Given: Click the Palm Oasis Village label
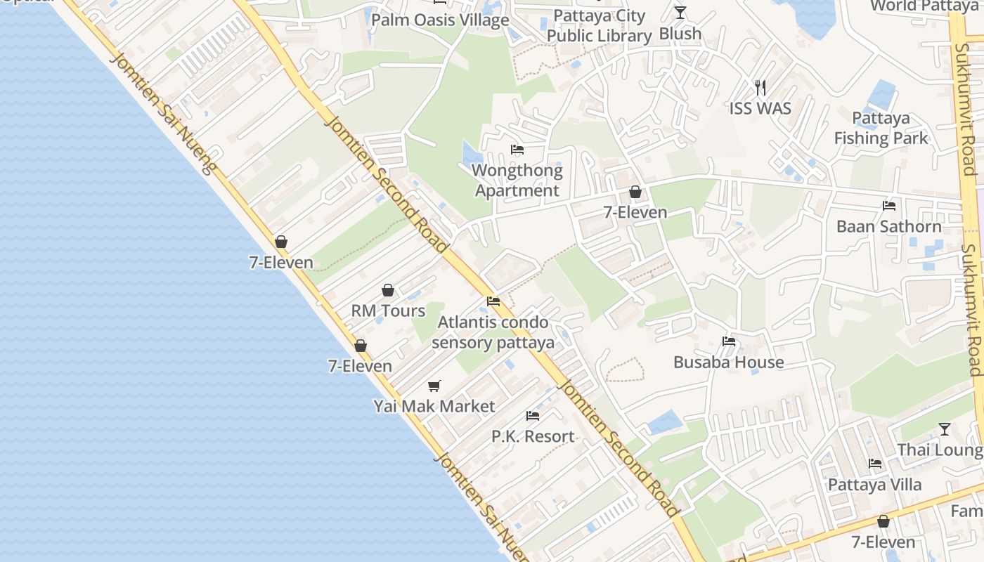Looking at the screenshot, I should pyautogui.click(x=440, y=20).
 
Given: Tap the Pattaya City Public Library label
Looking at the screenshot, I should pyautogui.click(x=600, y=26).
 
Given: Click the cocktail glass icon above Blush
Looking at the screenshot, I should pyautogui.click(x=680, y=12).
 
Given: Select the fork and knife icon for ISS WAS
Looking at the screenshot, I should pyautogui.click(x=760, y=88).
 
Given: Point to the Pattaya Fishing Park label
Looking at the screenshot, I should pyautogui.click(x=881, y=128).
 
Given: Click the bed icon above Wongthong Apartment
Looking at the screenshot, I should pyautogui.click(x=517, y=150).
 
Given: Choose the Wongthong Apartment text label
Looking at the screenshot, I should pyautogui.click(x=517, y=181).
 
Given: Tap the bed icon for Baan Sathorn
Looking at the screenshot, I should pyautogui.click(x=889, y=206).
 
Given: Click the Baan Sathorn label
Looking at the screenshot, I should pyautogui.click(x=889, y=226).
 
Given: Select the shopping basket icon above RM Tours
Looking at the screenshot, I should pyautogui.click(x=388, y=290).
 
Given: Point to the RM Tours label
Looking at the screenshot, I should pyautogui.click(x=388, y=311).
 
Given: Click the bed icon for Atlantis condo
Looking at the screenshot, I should pyautogui.click(x=493, y=301).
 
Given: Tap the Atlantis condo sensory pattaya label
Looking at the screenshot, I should pyautogui.click(x=493, y=333).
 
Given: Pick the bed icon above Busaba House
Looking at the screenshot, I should pyautogui.click(x=729, y=342).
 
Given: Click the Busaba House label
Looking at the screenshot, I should pyautogui.click(x=729, y=362).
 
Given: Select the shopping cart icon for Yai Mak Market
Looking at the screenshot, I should pyautogui.click(x=434, y=386).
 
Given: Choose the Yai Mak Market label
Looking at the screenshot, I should pyautogui.click(x=434, y=406).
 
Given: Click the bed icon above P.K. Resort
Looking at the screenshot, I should pyautogui.click(x=533, y=416).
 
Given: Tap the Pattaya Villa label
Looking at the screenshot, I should pyautogui.click(x=875, y=485).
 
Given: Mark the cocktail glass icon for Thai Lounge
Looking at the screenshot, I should pyautogui.click(x=945, y=429).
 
